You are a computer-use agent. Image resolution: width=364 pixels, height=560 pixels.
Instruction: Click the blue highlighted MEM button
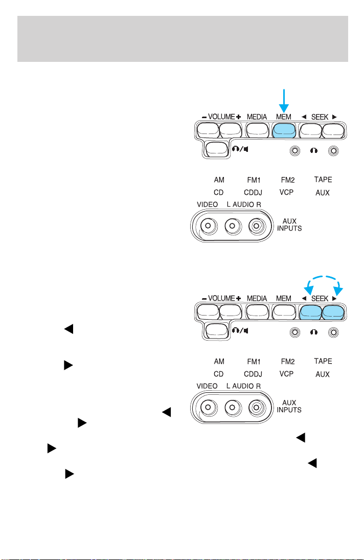click(284, 130)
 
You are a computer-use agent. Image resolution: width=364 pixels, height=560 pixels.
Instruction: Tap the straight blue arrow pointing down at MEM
click(284, 101)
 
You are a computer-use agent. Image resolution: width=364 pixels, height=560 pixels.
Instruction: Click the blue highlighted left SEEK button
click(311, 312)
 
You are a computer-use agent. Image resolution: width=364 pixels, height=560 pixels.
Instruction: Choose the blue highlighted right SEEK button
click(333, 312)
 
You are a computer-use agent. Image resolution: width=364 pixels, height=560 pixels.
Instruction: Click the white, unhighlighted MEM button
click(284, 312)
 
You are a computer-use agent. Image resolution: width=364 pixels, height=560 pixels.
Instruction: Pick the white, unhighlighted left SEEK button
click(311, 130)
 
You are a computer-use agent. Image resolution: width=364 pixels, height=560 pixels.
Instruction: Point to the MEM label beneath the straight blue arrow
click(284, 117)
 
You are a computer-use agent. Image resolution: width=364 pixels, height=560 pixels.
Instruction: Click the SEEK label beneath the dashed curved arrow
click(320, 298)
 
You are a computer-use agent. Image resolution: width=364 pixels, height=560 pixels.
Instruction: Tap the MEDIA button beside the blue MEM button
click(257, 130)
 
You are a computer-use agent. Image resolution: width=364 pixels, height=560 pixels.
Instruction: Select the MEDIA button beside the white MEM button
click(257, 312)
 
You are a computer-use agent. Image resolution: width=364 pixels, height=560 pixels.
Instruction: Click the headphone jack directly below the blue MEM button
click(295, 151)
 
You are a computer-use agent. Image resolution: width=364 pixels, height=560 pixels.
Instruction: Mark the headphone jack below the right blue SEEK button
click(333, 332)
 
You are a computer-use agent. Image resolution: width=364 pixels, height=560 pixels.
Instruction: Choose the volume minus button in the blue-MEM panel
click(208, 130)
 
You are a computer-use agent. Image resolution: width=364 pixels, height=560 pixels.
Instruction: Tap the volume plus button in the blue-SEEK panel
click(230, 312)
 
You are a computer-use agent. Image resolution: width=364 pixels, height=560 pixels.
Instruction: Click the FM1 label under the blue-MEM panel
click(254, 180)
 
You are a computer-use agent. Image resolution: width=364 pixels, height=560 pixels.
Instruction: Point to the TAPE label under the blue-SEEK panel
click(323, 361)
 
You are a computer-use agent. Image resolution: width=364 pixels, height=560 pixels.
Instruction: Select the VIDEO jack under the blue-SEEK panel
click(208, 407)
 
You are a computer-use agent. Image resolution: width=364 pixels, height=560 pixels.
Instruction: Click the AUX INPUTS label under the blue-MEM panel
click(289, 225)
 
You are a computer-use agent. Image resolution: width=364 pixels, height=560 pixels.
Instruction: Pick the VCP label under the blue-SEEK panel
click(286, 374)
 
